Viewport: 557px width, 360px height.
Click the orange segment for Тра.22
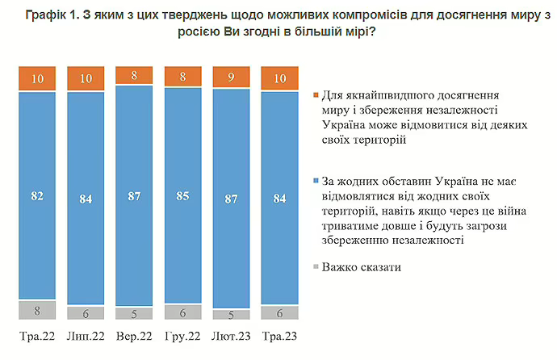[x=38, y=78]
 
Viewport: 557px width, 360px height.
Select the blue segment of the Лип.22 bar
[x=86, y=198]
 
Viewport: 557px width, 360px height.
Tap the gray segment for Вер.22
[x=135, y=313]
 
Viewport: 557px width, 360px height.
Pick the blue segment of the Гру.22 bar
[x=183, y=196]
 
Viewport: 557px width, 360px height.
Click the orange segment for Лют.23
[x=231, y=78]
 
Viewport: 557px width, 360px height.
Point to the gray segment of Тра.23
[x=279, y=313]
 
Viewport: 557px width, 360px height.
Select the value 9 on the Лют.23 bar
[x=231, y=78]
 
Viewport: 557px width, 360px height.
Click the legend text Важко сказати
[x=361, y=266]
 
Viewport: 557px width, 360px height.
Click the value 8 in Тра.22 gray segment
[x=38, y=309]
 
